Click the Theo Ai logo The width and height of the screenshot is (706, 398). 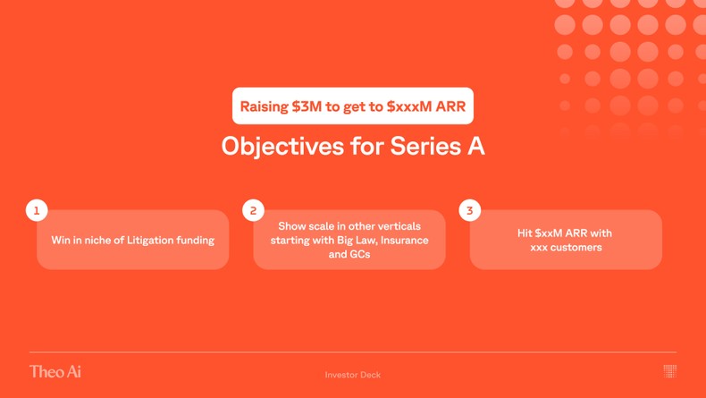click(55, 371)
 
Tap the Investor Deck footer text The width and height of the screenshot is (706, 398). click(352, 375)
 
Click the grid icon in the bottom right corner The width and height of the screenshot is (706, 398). click(669, 370)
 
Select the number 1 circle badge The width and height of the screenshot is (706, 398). click(37, 210)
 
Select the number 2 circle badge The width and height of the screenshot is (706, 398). click(253, 210)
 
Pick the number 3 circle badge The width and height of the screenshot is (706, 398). click(469, 210)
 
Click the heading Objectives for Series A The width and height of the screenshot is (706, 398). click(352, 146)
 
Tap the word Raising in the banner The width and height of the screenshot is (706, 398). click(265, 106)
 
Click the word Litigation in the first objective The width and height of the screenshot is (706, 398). click(156, 241)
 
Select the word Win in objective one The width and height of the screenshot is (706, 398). click(61, 241)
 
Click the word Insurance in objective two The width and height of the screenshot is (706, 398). click(404, 241)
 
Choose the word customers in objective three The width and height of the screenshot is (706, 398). click(577, 248)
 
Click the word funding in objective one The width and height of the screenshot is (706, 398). click(196, 241)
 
